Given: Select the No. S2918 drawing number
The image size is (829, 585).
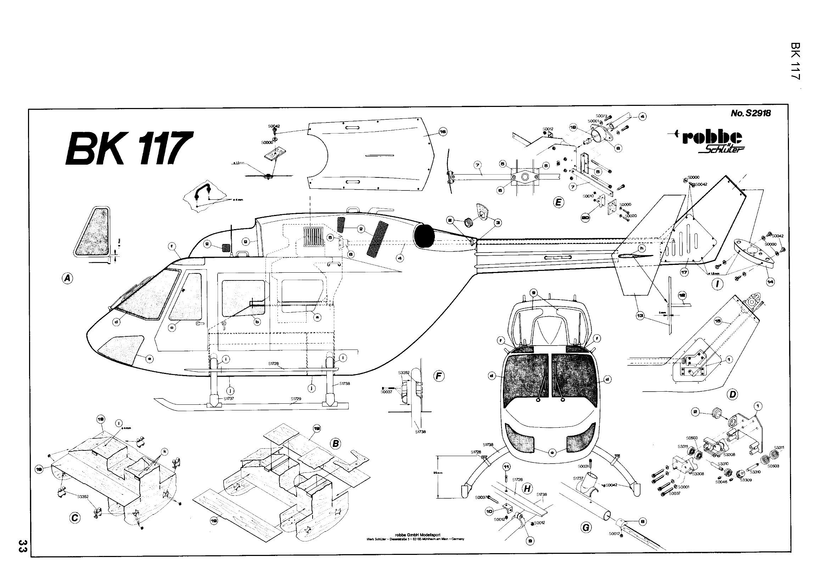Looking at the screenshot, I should click(x=750, y=113).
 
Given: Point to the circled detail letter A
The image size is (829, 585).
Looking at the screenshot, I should click(x=67, y=278).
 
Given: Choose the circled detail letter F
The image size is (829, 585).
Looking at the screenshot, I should click(x=439, y=376).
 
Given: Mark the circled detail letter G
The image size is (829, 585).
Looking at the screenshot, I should click(x=585, y=528).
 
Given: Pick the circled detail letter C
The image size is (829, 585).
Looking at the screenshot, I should click(x=74, y=518).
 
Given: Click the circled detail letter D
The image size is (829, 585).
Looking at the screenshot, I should click(x=732, y=394).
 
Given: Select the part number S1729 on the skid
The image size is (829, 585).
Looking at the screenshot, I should click(x=296, y=399).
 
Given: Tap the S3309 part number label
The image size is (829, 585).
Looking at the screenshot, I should click(x=746, y=480).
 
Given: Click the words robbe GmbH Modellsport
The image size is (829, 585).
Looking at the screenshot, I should click(x=415, y=535).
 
